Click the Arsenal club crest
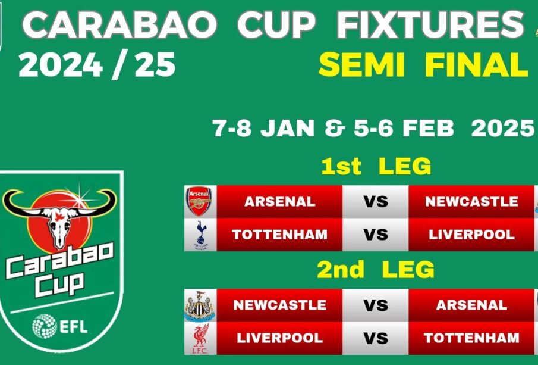199,201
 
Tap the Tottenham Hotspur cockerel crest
201,235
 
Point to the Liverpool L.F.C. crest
200,339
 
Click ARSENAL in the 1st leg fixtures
279,202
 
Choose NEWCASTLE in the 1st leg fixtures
471,202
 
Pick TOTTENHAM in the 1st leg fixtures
279,235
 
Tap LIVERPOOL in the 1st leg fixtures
471,235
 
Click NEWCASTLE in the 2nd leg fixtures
279,305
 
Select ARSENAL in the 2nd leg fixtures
471,305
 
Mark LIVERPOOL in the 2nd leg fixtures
279,338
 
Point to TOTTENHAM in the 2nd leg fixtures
471,338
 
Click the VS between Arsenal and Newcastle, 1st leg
376,202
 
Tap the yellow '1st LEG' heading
376,166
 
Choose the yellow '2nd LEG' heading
375,270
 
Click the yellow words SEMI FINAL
423,65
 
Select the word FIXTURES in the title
430,24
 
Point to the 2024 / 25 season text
97,65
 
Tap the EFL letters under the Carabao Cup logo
74,327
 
